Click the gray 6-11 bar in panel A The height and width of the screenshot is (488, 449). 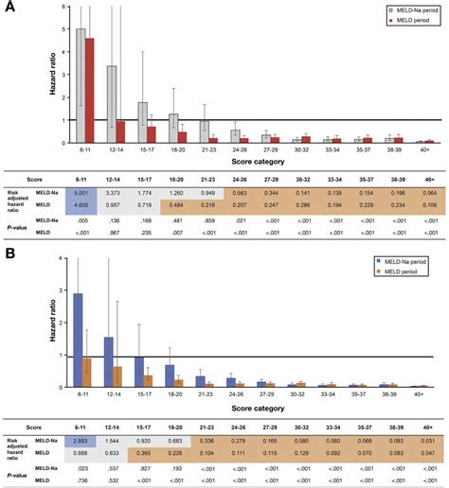pyautogui.click(x=81, y=85)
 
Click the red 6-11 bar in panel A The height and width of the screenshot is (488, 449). pyautogui.click(x=90, y=91)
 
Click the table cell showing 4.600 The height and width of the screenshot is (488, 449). pyautogui.click(x=83, y=203)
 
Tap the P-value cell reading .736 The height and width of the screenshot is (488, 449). pyautogui.click(x=83, y=471)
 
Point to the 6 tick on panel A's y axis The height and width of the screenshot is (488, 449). pyautogui.click(x=62, y=7)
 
